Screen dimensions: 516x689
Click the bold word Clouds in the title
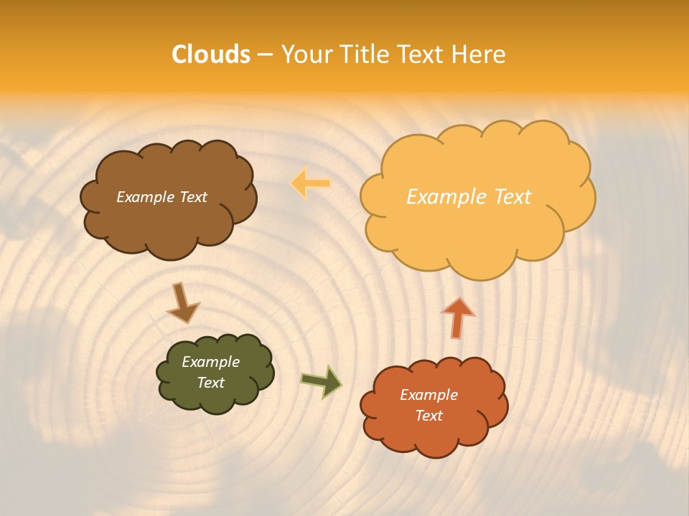tap(210, 54)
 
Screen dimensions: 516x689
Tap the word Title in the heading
tap(365, 54)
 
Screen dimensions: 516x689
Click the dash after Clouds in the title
tap(265, 55)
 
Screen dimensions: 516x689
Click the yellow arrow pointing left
tap(311, 183)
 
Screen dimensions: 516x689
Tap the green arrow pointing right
tap(322, 381)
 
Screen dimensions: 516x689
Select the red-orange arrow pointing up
tap(457, 317)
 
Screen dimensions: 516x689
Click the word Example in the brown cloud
tap(145, 197)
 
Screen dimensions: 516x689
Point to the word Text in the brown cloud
tap(192, 197)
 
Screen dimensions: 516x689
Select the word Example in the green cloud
tap(210, 362)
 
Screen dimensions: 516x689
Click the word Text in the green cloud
tap(210, 383)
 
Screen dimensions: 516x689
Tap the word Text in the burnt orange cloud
tap(428, 416)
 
